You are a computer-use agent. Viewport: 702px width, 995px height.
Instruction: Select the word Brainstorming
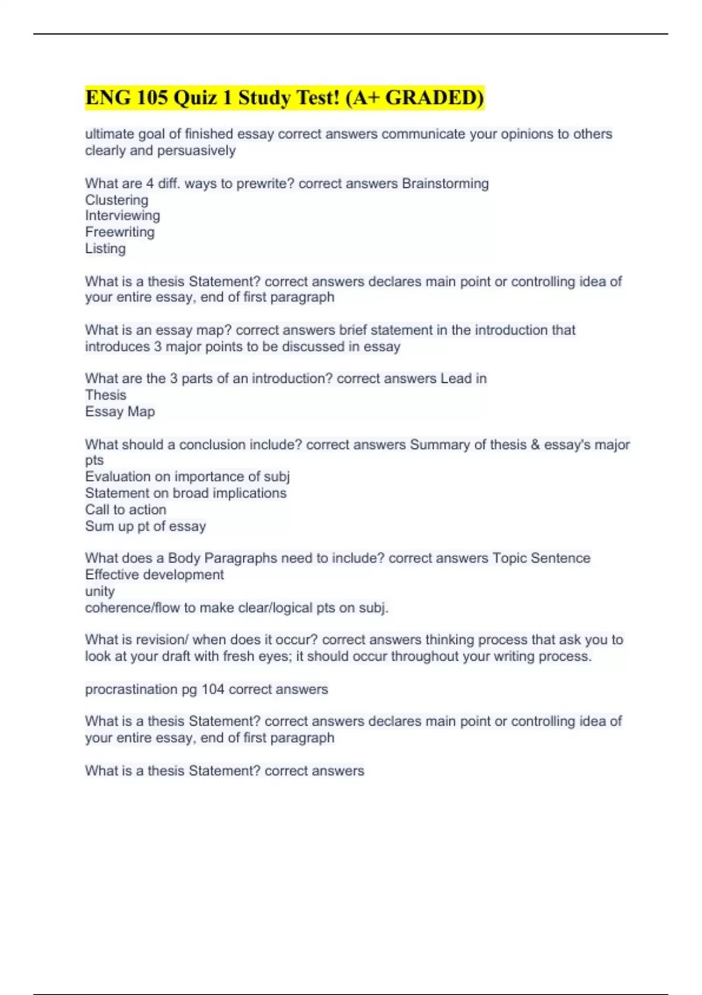(x=445, y=184)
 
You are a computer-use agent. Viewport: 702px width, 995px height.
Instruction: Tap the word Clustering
(x=116, y=200)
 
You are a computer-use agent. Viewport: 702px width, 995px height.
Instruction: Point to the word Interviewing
(x=122, y=216)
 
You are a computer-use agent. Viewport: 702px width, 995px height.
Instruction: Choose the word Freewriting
(x=120, y=232)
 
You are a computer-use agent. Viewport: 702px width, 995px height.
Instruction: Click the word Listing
(x=105, y=249)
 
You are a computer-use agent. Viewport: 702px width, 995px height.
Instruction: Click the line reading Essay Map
(x=120, y=412)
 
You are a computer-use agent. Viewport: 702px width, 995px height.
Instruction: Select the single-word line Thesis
(x=105, y=396)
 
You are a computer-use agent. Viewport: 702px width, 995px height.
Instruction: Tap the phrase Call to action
(x=125, y=510)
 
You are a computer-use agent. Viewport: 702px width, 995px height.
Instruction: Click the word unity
(x=99, y=592)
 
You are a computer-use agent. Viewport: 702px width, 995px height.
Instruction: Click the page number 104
(x=213, y=689)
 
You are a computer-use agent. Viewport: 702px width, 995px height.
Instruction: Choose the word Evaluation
(x=118, y=477)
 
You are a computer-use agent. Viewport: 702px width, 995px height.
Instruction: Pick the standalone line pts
(x=94, y=461)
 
